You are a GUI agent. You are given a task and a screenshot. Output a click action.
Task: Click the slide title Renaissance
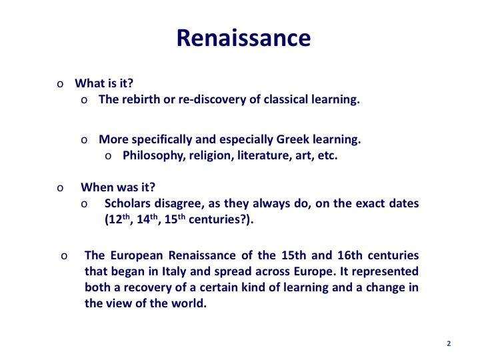pyautogui.click(x=244, y=38)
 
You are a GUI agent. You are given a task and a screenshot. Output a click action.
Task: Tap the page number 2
pyautogui.click(x=449, y=343)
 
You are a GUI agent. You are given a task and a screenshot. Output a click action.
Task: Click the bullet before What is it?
pyautogui.click(x=60, y=84)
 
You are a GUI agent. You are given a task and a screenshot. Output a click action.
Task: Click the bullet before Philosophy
pyautogui.click(x=108, y=156)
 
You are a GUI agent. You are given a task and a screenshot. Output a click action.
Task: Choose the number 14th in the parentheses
pyautogui.click(x=147, y=219)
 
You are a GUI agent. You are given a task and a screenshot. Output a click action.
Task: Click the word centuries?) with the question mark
pyautogui.click(x=221, y=219)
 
